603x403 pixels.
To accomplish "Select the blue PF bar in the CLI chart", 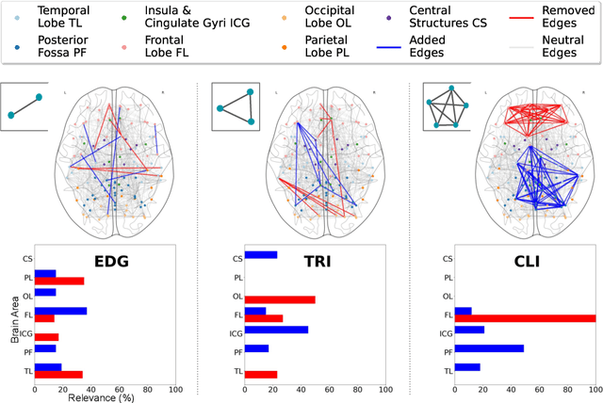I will (489, 348).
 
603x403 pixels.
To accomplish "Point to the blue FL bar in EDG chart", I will (60, 310).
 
